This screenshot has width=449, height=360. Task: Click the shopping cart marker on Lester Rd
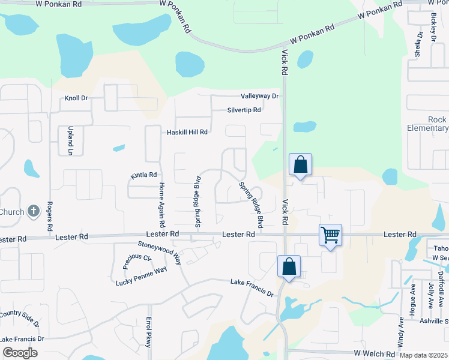(331, 235)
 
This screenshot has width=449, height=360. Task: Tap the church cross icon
(34, 211)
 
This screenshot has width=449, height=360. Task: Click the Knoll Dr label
(76, 98)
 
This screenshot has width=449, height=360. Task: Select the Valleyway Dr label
(260, 96)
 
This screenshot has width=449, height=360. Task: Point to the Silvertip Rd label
(244, 110)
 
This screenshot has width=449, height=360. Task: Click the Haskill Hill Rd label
(187, 132)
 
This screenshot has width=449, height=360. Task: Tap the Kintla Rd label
(143, 175)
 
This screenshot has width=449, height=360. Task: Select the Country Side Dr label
(19, 319)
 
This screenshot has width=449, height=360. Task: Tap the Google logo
(20, 353)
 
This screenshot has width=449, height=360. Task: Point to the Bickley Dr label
(433, 28)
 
